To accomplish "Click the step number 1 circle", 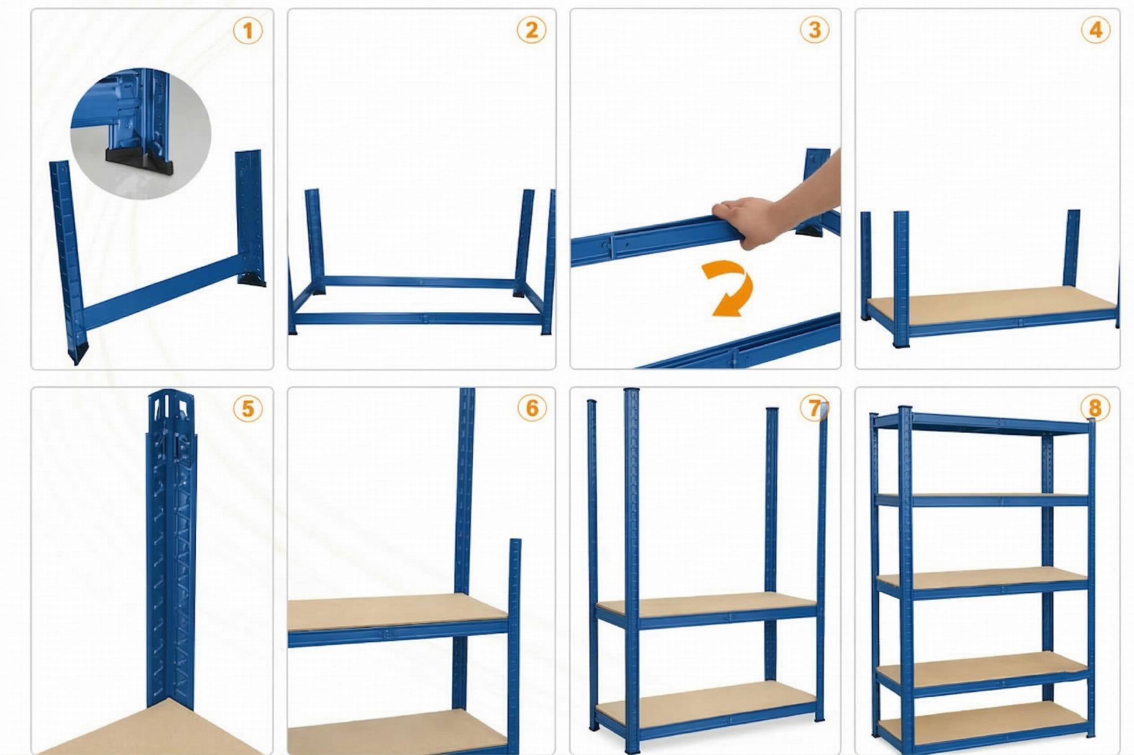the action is pos(248,30).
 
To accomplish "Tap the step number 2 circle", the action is pos(532,30).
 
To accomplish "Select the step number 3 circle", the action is pos(815,29).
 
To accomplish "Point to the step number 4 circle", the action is pos(1096,29).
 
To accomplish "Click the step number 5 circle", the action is pos(248,409).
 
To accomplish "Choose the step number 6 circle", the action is pos(532,408).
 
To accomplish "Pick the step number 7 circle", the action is pos(815,408).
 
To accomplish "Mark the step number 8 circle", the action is pos(1095,408).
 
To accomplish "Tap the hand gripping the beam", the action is pos(775,210).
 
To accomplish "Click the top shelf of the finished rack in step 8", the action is pos(983,423).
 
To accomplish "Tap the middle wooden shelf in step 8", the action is pos(983,579).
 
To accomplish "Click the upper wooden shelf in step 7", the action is pos(706,604).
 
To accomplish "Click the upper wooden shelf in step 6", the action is pos(398,611).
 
